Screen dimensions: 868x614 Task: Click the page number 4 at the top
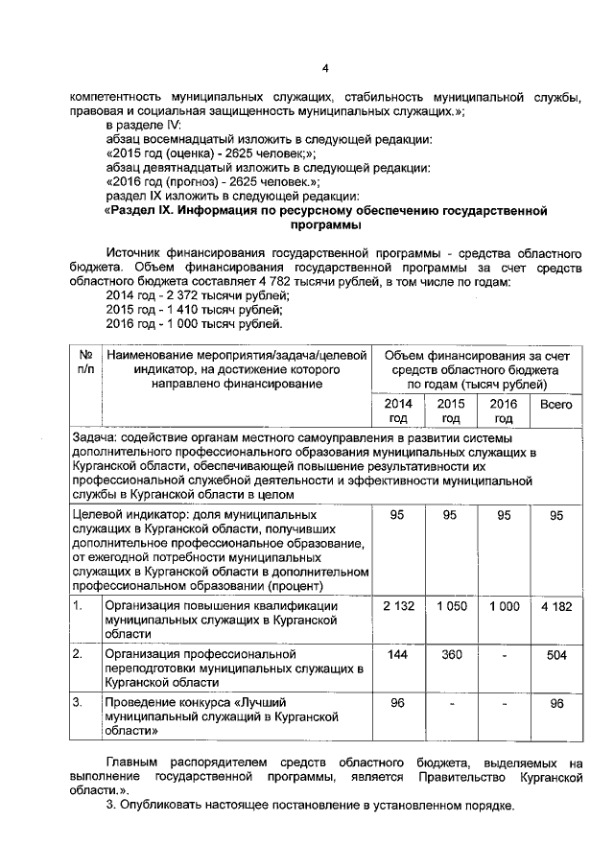pyautogui.click(x=324, y=68)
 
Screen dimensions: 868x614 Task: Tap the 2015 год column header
pyautogui.click(x=450, y=411)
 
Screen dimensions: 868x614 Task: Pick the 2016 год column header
pyautogui.click(x=503, y=411)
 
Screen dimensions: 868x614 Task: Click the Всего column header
pyautogui.click(x=556, y=405)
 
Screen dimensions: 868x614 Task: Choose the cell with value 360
pyautogui.click(x=450, y=654)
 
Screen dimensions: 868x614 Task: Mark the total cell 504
pyautogui.click(x=556, y=654)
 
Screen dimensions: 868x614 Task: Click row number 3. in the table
pyautogui.click(x=80, y=703)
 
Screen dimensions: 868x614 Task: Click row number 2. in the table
pyautogui.click(x=80, y=654)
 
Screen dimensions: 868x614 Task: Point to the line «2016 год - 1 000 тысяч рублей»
pyautogui.click(x=194, y=324)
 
